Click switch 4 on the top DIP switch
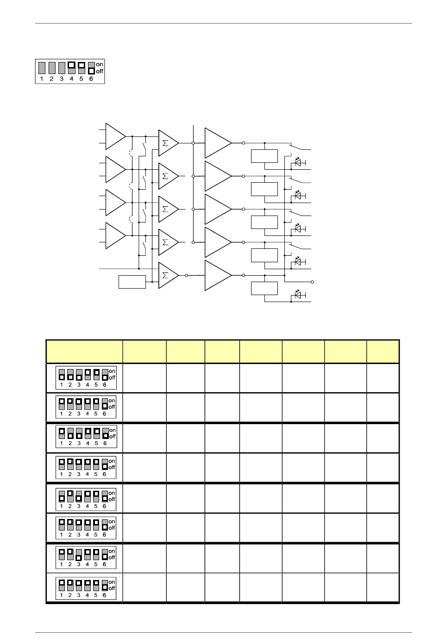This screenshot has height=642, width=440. (71, 68)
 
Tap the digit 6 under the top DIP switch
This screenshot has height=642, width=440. (91, 79)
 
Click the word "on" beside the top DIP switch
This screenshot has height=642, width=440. (100, 64)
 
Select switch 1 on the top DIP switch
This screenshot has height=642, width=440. (42, 68)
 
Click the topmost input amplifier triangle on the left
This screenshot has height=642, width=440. (115, 136)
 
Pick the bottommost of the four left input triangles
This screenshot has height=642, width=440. (115, 235)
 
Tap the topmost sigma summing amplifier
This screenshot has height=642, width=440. (168, 143)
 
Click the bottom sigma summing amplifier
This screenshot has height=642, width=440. (168, 275)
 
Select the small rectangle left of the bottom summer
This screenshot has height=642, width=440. (132, 282)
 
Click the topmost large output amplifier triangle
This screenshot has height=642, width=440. (217, 143)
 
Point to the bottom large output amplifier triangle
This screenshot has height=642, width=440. (217, 275)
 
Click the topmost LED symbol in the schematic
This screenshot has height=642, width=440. (298, 162)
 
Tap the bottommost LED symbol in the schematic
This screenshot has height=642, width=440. (298, 295)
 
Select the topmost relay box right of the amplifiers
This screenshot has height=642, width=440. (264, 156)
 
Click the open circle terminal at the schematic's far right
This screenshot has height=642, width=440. (313, 282)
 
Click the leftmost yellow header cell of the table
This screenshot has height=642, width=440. (84, 352)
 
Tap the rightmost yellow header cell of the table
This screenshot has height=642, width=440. (383, 352)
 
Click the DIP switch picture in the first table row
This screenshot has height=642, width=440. (86, 378)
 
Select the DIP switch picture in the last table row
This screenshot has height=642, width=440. (86, 588)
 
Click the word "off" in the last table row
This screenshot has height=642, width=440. (112, 588)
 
